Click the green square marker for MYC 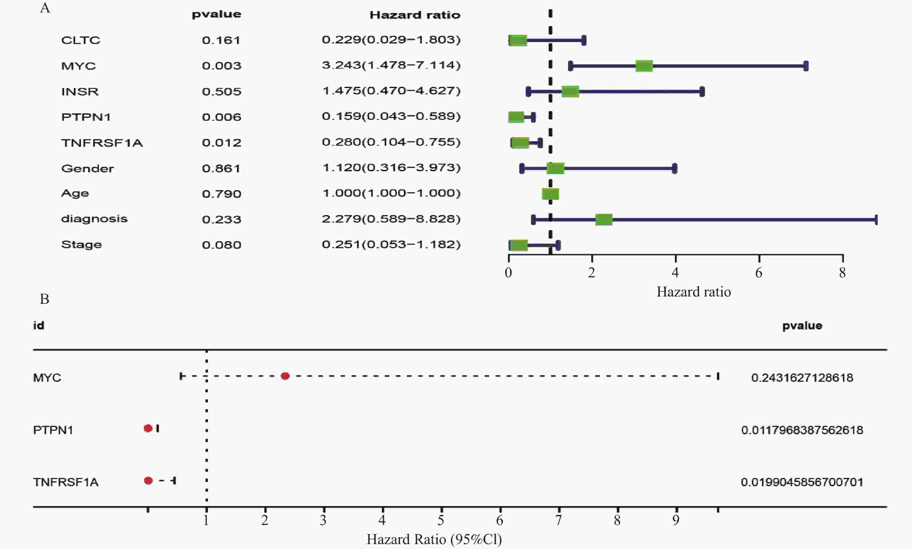[644, 66]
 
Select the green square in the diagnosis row [604, 219]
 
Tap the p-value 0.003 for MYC [221, 66]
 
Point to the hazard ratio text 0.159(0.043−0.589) [391, 116]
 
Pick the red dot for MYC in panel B [285, 376]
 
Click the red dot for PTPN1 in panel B [148, 428]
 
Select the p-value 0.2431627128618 [802, 378]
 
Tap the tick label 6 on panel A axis [759, 273]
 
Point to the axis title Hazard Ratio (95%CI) [434, 539]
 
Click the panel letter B [44, 299]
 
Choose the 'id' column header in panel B [39, 325]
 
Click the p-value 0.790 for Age [221, 194]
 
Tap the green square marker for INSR [570, 91]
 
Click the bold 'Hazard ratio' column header [415, 15]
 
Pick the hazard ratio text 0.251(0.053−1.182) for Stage [391, 245]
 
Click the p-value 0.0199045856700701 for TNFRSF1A [802, 482]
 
